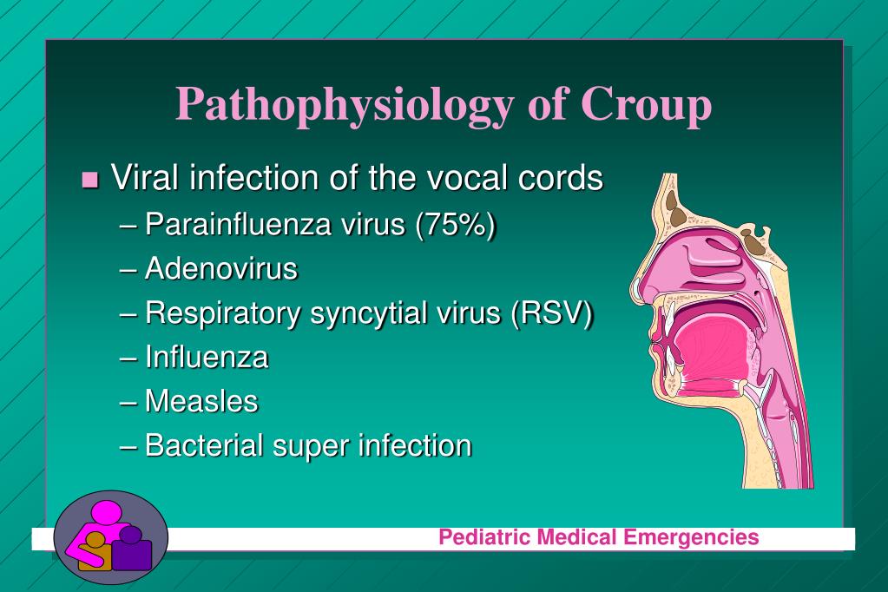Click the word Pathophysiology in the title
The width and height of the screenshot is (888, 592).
pyautogui.click(x=345, y=105)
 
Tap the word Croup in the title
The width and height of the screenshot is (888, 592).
pyautogui.click(x=646, y=103)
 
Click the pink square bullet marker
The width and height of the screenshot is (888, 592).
pyautogui.click(x=90, y=180)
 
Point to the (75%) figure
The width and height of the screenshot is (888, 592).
pyautogui.click(x=456, y=225)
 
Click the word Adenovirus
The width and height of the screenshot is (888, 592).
pyautogui.click(x=220, y=268)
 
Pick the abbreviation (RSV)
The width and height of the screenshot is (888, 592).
pyautogui.click(x=551, y=312)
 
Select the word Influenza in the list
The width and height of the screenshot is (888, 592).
pyautogui.click(x=207, y=357)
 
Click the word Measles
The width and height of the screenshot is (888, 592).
pyautogui.click(x=201, y=401)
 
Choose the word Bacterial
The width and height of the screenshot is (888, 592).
pyautogui.click(x=205, y=445)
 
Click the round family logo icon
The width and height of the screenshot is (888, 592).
pyautogui.click(x=111, y=537)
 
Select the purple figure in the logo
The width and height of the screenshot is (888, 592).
pyautogui.click(x=131, y=549)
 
